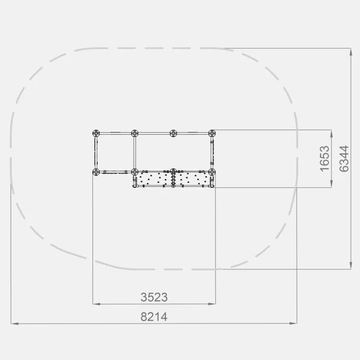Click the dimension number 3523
click(154, 297)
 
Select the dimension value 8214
click(154, 317)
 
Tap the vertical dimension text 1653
click(324, 159)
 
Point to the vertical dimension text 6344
click(344, 159)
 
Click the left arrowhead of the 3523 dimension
click(96, 304)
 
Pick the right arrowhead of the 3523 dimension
click(212, 304)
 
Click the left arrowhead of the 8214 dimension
click(15, 324)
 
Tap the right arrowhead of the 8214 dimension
click(293, 323)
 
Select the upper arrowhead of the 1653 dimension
click(331, 134)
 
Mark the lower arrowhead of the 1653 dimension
click(331, 184)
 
